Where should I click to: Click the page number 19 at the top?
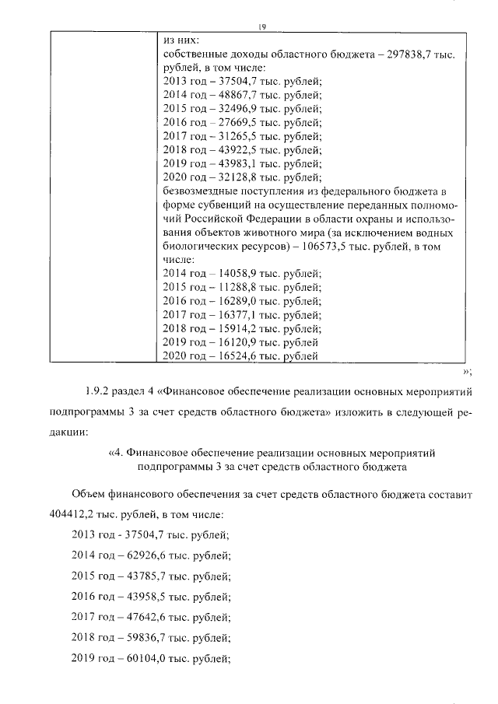point(262,26)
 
